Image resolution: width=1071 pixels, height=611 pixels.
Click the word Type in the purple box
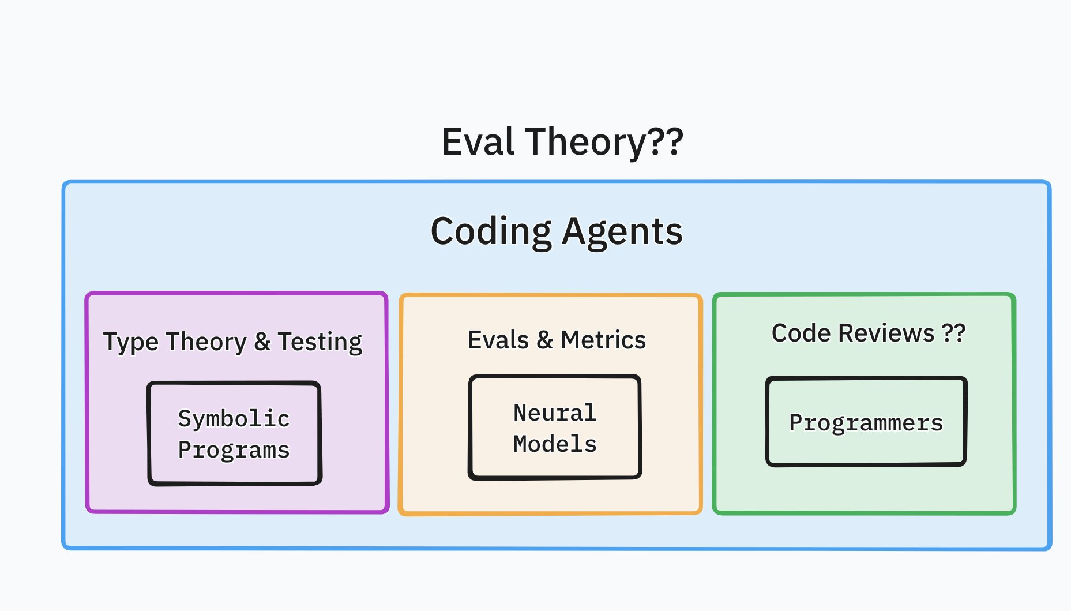pyautogui.click(x=131, y=342)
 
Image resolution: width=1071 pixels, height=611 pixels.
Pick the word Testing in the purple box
pyautogui.click(x=320, y=342)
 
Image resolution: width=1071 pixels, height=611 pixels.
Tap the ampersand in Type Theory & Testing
pyautogui.click(x=262, y=342)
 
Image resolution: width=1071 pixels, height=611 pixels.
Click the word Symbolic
pyautogui.click(x=234, y=419)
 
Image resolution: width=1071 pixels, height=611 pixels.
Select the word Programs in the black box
pyautogui.click(x=234, y=450)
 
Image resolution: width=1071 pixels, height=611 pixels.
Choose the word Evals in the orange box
pyautogui.click(x=499, y=340)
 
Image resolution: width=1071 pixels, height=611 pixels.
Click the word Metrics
pyautogui.click(x=603, y=340)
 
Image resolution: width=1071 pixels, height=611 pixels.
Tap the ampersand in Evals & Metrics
pyautogui.click(x=545, y=340)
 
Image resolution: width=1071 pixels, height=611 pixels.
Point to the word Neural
pyautogui.click(x=555, y=413)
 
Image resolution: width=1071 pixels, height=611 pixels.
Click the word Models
pyautogui.click(x=555, y=444)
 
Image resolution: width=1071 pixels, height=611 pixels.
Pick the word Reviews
pyautogui.click(x=886, y=333)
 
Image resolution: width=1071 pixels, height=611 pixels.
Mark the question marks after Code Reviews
pyautogui.click(x=953, y=333)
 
